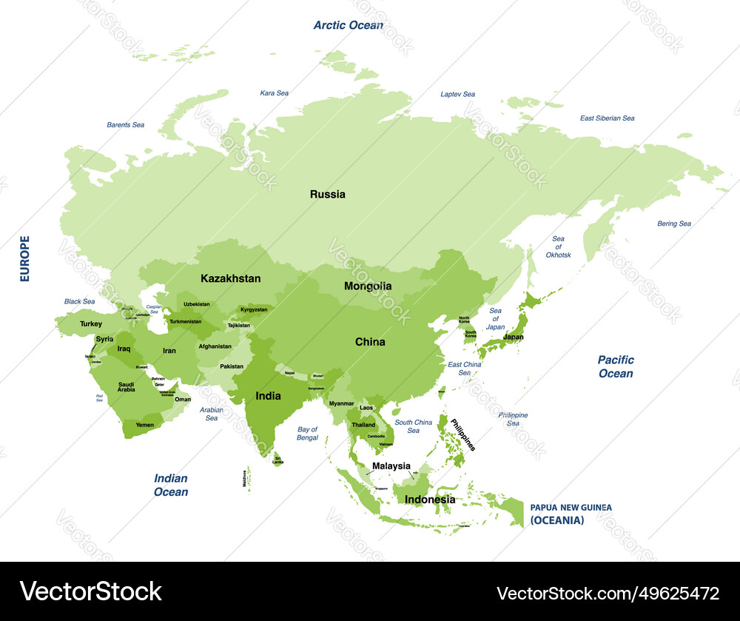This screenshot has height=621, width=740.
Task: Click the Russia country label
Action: [x=327, y=195]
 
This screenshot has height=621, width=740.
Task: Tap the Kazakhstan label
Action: [x=230, y=279]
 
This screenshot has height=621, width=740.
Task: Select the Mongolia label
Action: [x=368, y=286]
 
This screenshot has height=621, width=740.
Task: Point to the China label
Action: [x=370, y=342]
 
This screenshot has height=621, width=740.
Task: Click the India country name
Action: [x=268, y=396]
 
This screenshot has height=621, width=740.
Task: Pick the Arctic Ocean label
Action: [x=348, y=25]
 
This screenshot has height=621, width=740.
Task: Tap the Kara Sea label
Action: [x=274, y=93]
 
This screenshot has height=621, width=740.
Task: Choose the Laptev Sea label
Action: [x=457, y=94]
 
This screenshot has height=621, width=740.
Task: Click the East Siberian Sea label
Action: [x=607, y=118]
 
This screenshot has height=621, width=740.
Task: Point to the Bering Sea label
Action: [x=673, y=224]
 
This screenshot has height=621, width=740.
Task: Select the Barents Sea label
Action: [x=125, y=125]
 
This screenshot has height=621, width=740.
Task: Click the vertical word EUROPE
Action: [x=25, y=258]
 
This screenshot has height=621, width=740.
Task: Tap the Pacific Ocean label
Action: [x=616, y=366]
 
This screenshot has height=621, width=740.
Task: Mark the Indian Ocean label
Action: [x=170, y=485]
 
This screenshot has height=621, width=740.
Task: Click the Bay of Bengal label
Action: [x=307, y=433]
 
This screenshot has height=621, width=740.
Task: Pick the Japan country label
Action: [x=513, y=337]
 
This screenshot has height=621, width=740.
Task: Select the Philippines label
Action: [x=462, y=434]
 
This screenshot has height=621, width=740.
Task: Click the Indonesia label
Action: [x=429, y=500]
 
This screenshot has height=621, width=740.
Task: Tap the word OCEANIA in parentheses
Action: [x=557, y=520]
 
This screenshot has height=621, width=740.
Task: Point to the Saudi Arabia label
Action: [x=127, y=387]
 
